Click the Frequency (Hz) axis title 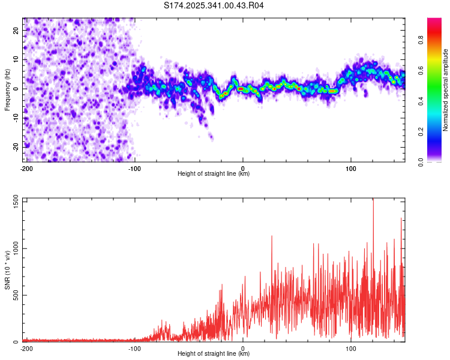7,90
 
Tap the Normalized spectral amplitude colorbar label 446,90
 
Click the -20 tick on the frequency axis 16,146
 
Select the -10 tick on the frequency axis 16,118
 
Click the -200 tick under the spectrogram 26,168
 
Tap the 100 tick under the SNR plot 351,348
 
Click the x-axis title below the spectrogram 214,174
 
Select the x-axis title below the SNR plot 214,354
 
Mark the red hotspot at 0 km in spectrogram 241,89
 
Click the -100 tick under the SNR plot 134,348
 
